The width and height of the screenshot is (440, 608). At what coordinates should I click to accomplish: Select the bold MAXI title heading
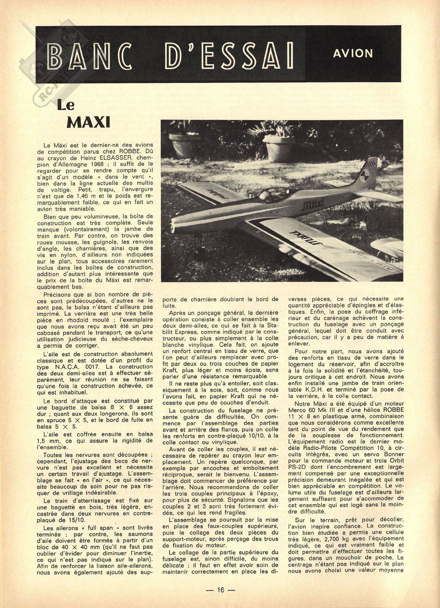88,123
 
